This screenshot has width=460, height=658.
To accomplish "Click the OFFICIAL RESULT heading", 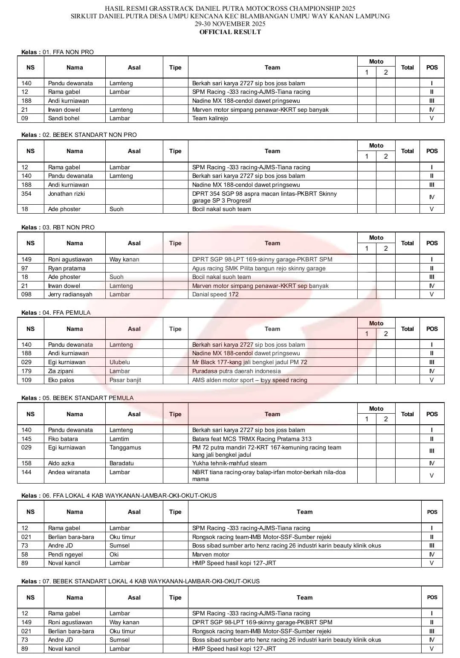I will (x=230, y=32).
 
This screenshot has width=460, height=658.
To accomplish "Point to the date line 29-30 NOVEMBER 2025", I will (x=230, y=24).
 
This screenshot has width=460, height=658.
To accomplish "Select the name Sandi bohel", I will (x=64, y=118).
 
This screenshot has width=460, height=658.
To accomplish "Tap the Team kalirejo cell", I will (x=210, y=118).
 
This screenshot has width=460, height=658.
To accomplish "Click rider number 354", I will (x=26, y=194).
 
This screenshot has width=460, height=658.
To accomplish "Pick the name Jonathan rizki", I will (x=67, y=194).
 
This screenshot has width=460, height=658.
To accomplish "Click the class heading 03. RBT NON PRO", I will (x=68, y=227).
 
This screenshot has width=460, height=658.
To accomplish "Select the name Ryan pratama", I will (x=67, y=268).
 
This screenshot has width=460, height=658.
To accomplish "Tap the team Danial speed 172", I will (x=215, y=294).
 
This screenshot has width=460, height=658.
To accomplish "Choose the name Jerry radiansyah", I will (x=70, y=294).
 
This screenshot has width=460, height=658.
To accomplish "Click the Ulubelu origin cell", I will (x=119, y=362).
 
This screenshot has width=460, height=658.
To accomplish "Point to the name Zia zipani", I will (x=61, y=371).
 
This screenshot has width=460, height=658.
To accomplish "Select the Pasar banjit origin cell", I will (x=125, y=380).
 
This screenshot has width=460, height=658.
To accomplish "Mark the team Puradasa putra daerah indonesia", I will (x=236, y=371).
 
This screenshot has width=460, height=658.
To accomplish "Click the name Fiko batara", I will (x=63, y=439).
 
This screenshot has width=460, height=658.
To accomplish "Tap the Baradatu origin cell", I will (x=122, y=463).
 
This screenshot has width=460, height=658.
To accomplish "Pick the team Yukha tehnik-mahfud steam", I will (x=229, y=463).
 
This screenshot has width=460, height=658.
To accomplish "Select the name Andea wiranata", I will (x=69, y=472).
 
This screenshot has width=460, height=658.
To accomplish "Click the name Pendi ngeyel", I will (x=65, y=554).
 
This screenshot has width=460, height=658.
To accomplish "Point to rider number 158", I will (x=26, y=463).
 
